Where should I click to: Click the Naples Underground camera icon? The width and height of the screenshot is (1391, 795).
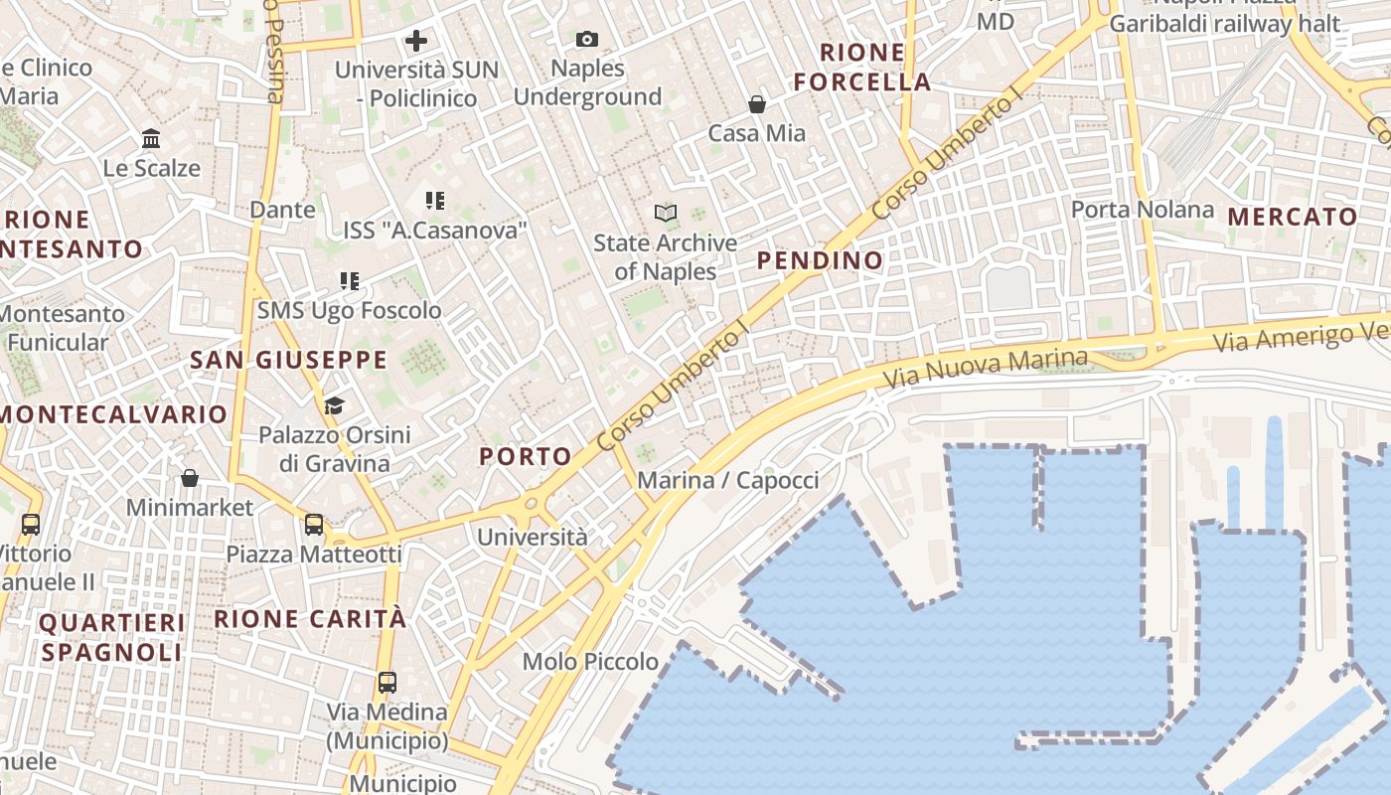[x=587, y=40]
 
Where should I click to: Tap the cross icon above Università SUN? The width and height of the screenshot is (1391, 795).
[x=416, y=41]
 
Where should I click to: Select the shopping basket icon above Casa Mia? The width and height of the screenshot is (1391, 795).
[x=757, y=104]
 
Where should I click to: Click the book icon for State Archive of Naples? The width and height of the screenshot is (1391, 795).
[x=665, y=213]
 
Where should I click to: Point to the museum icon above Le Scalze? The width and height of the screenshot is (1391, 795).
[x=151, y=139]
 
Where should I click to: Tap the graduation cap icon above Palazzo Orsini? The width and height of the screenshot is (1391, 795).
[x=334, y=405]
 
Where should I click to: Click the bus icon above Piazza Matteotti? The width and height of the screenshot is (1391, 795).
[x=314, y=524]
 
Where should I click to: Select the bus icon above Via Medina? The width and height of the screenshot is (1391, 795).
[x=387, y=683]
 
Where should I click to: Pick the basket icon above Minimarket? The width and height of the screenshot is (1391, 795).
[x=190, y=478]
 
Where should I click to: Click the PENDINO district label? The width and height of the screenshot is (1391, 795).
[x=820, y=260]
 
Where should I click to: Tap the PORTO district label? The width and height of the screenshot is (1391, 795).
[x=526, y=457]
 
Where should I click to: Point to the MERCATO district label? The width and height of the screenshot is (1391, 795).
[x=1292, y=217]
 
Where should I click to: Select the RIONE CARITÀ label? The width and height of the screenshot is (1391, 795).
[x=310, y=619]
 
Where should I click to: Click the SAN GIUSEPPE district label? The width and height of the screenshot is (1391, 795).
[x=288, y=360]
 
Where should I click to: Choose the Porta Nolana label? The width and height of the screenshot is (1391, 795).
[x=1142, y=210]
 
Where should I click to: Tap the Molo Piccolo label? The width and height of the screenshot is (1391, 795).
[x=590, y=662]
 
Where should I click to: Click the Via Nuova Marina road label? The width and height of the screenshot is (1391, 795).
[x=985, y=368]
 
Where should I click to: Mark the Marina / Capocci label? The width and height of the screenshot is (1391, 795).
[x=727, y=481]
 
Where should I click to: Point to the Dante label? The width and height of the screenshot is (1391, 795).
[x=282, y=210]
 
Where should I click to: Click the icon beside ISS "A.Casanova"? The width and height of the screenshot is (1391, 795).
[x=434, y=201]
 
